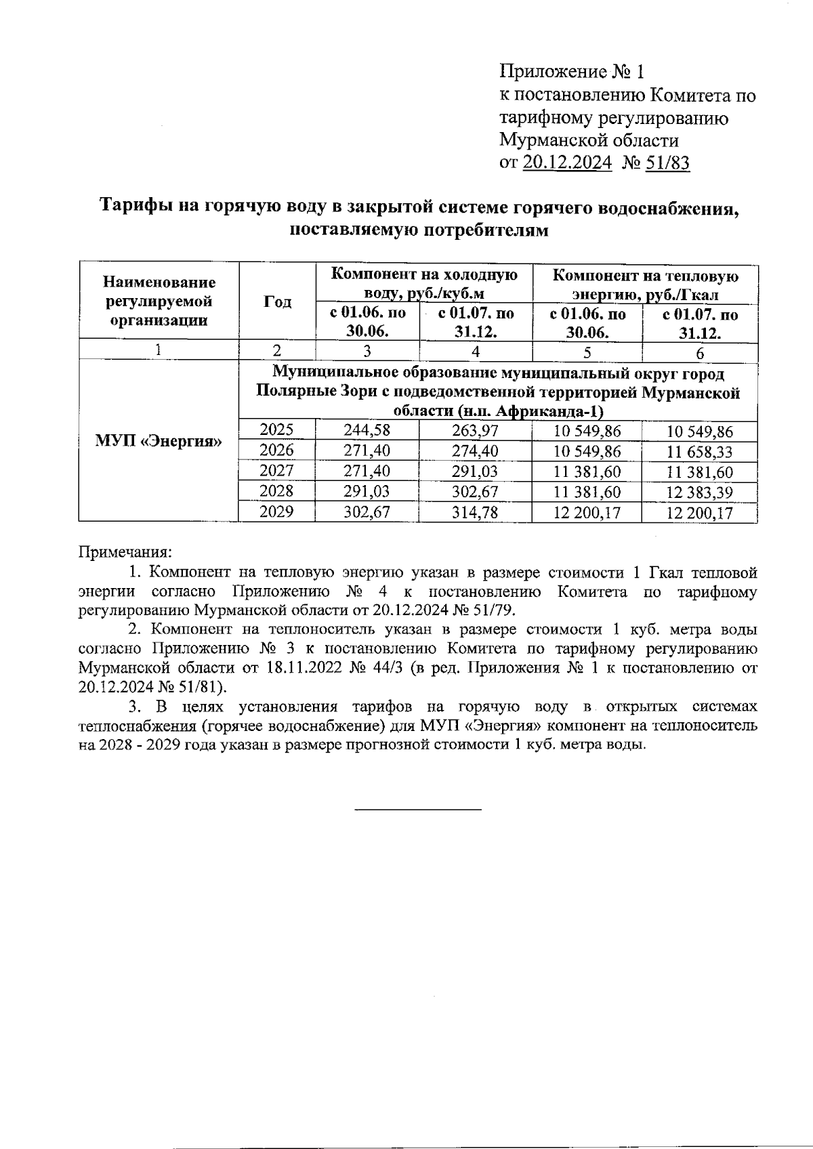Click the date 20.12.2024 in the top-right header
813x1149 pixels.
tap(566, 163)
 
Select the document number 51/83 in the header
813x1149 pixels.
tap(667, 163)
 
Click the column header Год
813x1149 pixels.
tap(277, 301)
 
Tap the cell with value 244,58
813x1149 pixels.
tap(367, 431)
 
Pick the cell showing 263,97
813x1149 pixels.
tap(475, 431)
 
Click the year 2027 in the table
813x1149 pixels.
tap(276, 471)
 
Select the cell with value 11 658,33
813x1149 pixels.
tap(699, 451)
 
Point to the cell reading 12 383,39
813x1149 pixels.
tap(699, 492)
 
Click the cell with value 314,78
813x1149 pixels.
tap(475, 512)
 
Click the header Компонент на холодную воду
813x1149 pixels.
tap(424, 284)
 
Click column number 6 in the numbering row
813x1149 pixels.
tap(699, 352)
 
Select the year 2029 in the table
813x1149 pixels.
tap(276, 511)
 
